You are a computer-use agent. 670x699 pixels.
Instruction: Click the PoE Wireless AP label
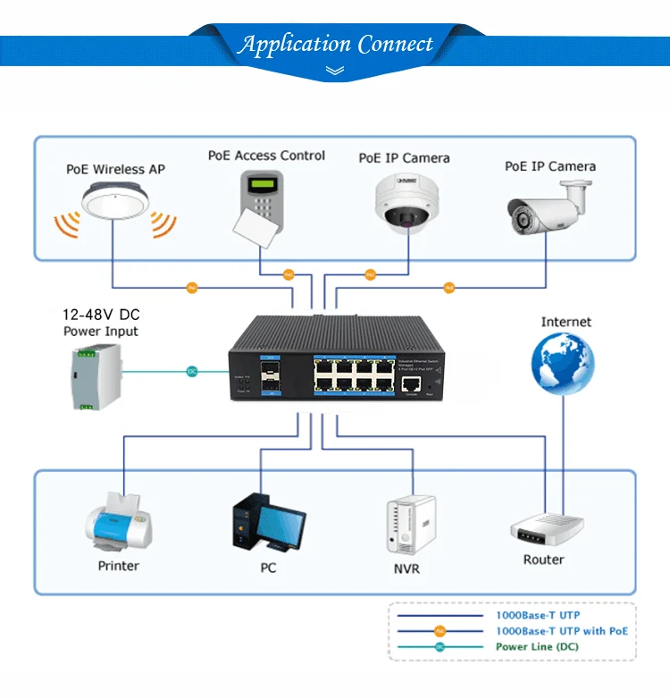coord(115,169)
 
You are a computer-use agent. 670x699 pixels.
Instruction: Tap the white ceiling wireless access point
coord(114,202)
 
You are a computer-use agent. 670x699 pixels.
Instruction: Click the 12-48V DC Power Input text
coord(100,323)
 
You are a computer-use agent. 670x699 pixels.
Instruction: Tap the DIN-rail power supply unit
coord(95,375)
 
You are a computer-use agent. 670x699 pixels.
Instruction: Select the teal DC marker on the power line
coord(191,371)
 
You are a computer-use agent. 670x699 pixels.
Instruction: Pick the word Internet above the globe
coord(565,322)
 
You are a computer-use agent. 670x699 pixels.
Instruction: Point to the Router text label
coord(544,560)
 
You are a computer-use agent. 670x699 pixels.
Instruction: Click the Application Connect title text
coord(335,44)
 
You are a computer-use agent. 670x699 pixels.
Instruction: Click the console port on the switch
coord(412,383)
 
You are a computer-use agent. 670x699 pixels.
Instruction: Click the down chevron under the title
coord(336,70)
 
